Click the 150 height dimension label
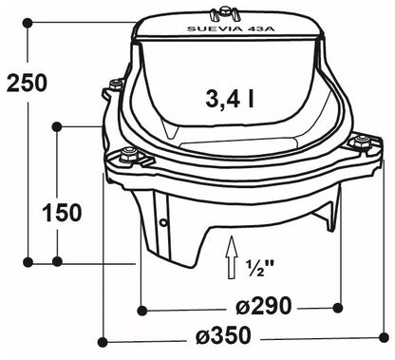[62, 214]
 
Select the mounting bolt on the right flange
[363, 142]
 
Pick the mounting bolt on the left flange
[126, 155]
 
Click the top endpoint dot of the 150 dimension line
[59, 124]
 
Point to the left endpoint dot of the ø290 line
[141, 308]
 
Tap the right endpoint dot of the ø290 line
[340, 308]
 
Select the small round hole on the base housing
[163, 223]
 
